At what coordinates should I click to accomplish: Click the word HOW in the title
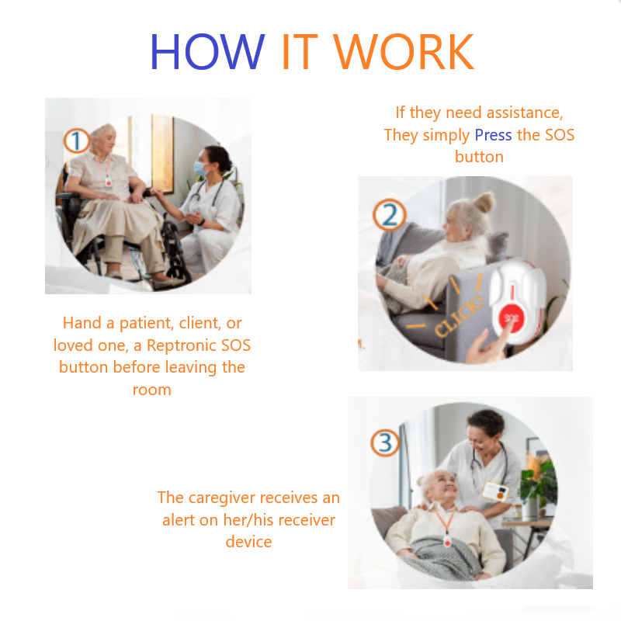point(206,52)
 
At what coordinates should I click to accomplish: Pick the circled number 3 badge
point(384,443)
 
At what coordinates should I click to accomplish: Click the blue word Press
point(493,135)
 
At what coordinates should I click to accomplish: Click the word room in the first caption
point(151,390)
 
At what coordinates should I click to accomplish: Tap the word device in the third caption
point(248,542)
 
